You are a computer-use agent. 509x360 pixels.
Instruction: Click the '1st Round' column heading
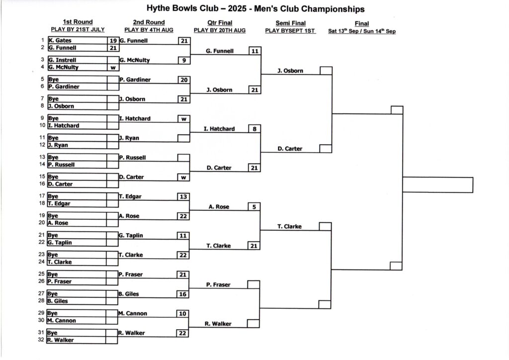(x=78, y=22)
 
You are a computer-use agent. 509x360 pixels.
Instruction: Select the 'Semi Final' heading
(x=290, y=23)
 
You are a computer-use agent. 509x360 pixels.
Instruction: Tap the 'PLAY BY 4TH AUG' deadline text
(x=149, y=30)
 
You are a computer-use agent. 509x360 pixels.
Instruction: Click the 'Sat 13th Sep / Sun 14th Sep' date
(x=362, y=31)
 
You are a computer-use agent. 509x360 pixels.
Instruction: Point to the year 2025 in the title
(x=237, y=8)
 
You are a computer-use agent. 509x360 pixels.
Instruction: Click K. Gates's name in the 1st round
(x=60, y=40)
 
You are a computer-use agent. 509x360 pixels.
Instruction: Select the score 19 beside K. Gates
(x=113, y=41)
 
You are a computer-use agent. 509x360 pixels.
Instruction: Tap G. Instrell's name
(x=62, y=60)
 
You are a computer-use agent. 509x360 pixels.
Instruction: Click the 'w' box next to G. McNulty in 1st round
(x=113, y=68)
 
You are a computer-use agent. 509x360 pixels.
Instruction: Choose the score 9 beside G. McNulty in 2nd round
(x=184, y=60)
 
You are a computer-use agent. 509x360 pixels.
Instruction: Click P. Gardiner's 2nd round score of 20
(x=184, y=80)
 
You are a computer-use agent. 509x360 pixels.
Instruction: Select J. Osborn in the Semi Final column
(x=290, y=71)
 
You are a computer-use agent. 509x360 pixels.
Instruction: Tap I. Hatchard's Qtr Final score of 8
(x=254, y=129)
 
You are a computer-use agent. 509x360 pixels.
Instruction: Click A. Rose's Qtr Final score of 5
(x=254, y=207)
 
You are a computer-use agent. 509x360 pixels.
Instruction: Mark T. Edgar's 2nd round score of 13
(x=183, y=197)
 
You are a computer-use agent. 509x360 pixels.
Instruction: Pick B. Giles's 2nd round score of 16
(x=183, y=294)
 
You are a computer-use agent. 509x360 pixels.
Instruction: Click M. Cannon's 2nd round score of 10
(x=183, y=314)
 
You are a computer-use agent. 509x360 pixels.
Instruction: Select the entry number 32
(x=41, y=340)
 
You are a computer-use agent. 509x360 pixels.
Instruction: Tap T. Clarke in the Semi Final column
(x=290, y=227)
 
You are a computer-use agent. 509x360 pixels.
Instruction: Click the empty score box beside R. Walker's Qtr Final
(x=253, y=324)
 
